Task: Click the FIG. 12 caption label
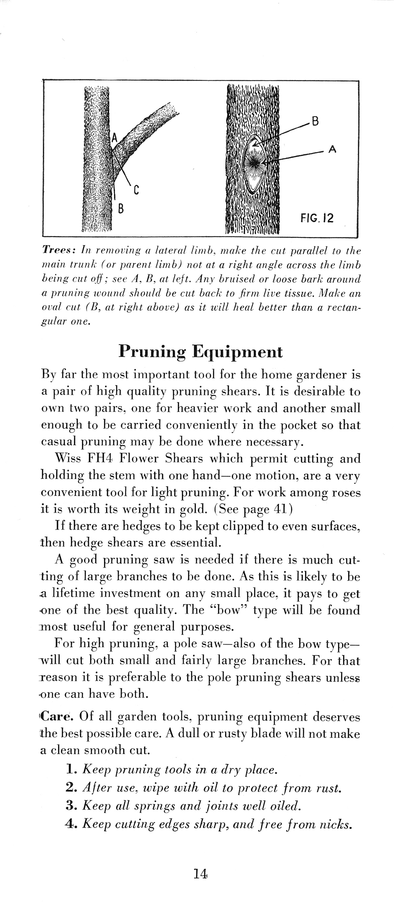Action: (317, 217)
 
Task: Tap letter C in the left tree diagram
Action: (136, 191)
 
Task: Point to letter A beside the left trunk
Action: (114, 138)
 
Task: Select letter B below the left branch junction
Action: (121, 208)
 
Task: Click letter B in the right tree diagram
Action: (315, 121)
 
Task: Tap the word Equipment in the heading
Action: (237, 352)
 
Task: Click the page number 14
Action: (201, 873)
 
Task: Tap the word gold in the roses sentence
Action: (193, 509)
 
